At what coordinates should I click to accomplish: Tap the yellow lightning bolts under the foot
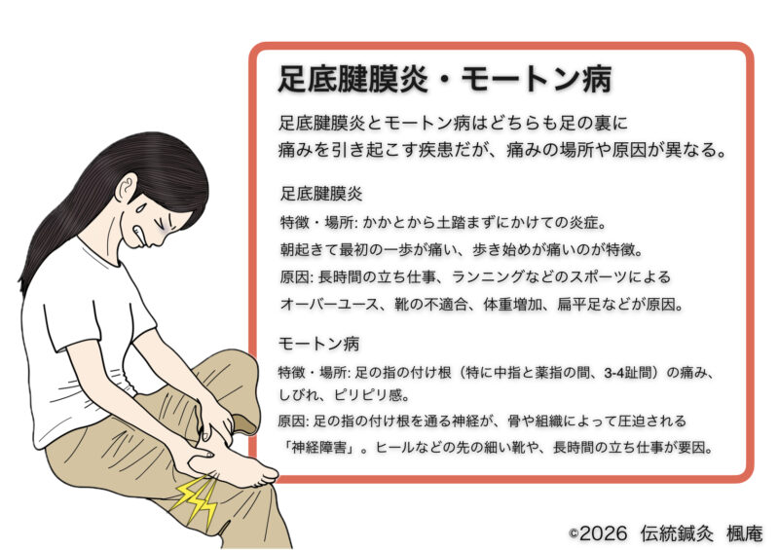(197, 501)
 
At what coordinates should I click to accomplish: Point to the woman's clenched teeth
(140, 233)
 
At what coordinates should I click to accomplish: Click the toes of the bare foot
(266, 474)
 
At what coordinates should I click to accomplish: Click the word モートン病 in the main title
(537, 79)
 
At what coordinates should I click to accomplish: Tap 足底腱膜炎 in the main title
(352, 79)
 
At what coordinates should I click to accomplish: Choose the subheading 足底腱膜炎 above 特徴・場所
(321, 193)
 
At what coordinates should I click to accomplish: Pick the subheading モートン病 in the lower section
(319, 344)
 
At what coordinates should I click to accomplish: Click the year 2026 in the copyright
(604, 533)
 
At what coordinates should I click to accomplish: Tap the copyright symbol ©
(574, 534)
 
